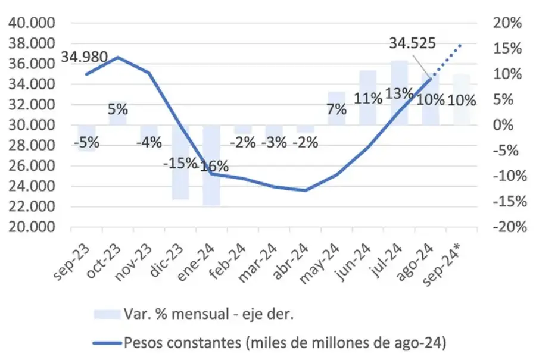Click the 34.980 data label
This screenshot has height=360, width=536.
coord(83,58)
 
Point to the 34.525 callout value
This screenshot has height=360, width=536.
coord(412,43)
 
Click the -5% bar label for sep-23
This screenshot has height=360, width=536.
coord(87,143)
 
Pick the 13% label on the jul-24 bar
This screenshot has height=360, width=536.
coord(398,94)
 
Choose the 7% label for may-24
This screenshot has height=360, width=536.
coord(336,109)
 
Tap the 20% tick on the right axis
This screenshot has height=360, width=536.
coord(507,23)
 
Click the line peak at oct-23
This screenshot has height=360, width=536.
coord(118,57)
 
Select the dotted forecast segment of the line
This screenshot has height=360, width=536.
coord(447,59)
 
